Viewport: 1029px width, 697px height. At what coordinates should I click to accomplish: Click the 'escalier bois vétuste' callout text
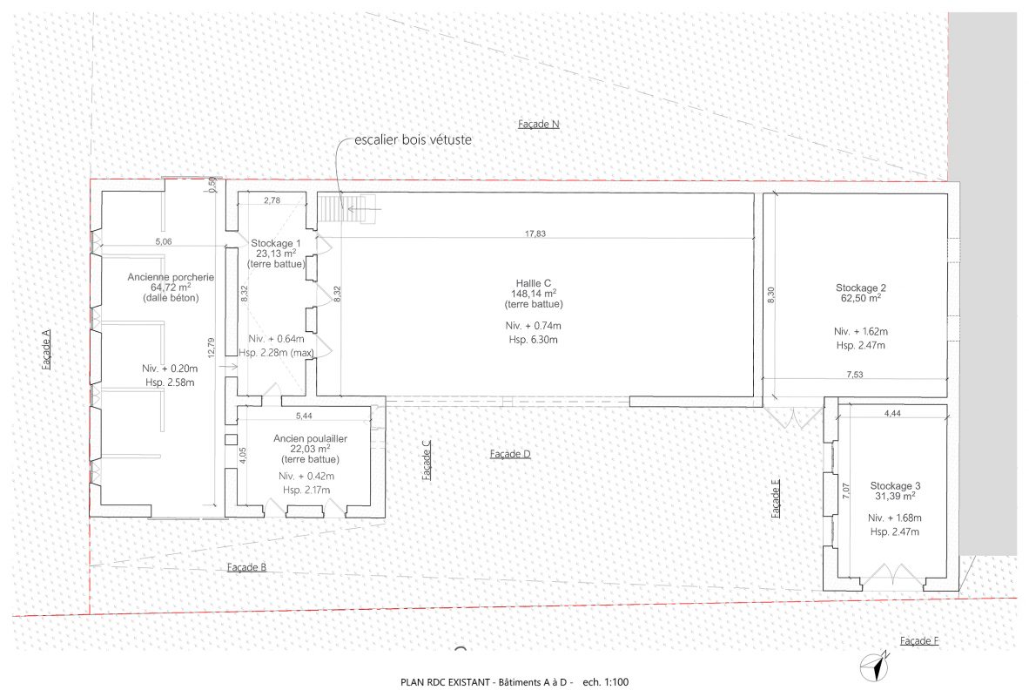(x=413, y=140)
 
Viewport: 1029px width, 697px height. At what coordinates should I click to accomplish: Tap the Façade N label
(x=538, y=125)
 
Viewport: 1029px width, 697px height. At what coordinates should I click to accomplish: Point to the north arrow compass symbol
(x=876, y=666)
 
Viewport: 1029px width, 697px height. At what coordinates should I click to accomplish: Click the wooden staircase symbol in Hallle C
(x=346, y=209)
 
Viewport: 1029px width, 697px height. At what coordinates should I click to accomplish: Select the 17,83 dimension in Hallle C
(x=535, y=233)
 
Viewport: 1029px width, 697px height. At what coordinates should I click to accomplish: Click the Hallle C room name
(x=533, y=283)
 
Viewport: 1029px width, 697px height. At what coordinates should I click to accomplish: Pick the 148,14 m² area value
(x=534, y=294)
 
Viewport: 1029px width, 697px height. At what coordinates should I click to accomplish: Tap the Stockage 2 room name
(x=860, y=288)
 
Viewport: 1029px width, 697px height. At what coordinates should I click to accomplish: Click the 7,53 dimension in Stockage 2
(x=854, y=375)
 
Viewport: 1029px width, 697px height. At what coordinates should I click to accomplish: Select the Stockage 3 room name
(x=895, y=485)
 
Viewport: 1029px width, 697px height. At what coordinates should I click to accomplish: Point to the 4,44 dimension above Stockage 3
(x=891, y=413)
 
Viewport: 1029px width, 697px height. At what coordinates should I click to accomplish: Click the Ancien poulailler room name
(x=311, y=439)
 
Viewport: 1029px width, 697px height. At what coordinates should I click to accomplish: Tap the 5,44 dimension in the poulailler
(x=304, y=416)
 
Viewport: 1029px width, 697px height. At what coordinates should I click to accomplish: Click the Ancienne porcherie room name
(x=171, y=277)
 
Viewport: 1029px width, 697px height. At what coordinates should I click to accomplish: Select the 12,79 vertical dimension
(x=211, y=348)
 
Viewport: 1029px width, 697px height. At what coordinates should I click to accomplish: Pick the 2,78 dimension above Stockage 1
(x=272, y=200)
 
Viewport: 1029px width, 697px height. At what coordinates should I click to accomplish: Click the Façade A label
(x=46, y=348)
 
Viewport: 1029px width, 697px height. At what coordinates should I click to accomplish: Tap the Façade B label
(x=246, y=567)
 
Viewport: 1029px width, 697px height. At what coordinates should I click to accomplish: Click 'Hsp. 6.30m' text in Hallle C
(x=533, y=340)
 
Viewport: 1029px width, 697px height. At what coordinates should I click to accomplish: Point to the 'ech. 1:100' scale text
(x=605, y=682)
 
